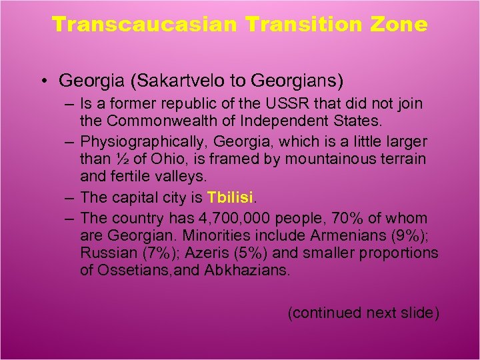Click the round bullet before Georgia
click(42, 82)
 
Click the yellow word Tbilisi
click(229, 198)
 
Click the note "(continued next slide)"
click(363, 312)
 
